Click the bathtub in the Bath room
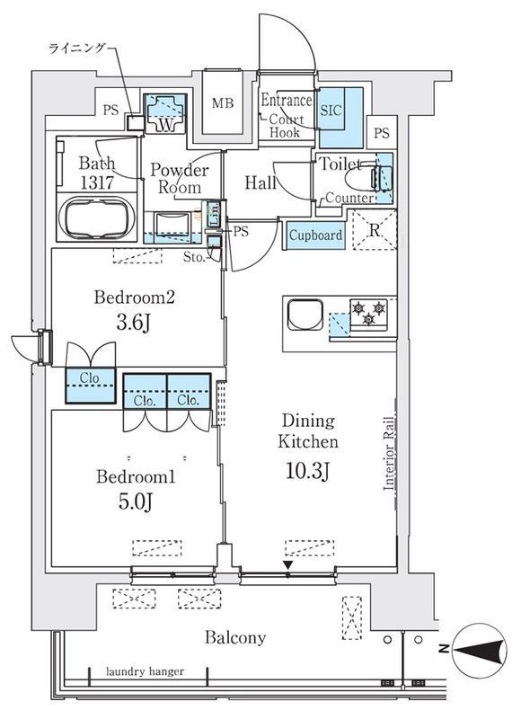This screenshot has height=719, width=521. (100, 218)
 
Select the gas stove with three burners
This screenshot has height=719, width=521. (369, 314)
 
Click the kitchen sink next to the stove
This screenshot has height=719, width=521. (305, 315)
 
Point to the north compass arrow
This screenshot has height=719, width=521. (478, 649)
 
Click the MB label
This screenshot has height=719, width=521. (223, 103)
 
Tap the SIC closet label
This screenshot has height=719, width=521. (331, 111)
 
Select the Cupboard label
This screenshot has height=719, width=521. (315, 235)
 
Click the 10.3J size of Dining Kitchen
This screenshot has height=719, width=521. (307, 470)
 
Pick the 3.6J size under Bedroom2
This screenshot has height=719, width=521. (134, 323)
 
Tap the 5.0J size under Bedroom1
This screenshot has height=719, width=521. (136, 502)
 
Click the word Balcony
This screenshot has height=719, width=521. (235, 638)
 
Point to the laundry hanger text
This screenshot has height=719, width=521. (145, 671)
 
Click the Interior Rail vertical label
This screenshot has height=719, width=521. (389, 454)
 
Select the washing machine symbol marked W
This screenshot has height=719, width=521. (165, 114)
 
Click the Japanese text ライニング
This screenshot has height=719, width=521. (77, 48)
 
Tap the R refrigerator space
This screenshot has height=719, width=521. (375, 230)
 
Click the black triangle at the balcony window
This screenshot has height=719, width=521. (287, 564)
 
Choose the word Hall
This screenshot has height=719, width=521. (260, 183)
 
